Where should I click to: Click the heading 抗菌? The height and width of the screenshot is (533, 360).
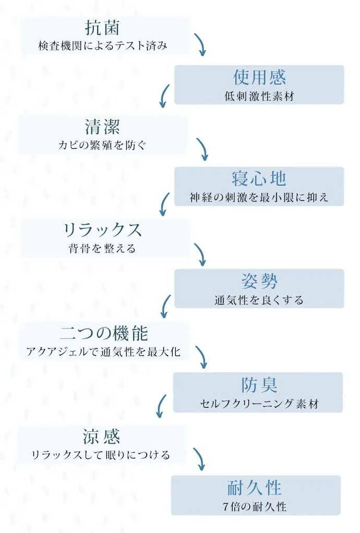102,28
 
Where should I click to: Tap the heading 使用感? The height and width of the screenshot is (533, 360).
259,77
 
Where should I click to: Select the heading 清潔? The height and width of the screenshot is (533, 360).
102,127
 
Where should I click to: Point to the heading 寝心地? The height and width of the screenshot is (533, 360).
259,178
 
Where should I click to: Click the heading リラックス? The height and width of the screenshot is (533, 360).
102,230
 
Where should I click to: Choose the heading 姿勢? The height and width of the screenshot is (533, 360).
259,281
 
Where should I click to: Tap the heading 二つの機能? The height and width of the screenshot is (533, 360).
104,333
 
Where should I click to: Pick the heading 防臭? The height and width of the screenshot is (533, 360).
259,385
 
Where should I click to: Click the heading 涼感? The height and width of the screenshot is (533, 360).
102,437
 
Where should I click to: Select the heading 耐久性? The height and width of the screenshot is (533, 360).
255,488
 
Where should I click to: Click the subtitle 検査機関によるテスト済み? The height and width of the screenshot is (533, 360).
103,45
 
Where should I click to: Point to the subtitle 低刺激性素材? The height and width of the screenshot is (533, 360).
259,96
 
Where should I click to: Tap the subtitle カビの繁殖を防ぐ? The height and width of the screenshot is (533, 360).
102,145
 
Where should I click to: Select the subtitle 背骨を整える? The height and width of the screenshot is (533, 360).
102,248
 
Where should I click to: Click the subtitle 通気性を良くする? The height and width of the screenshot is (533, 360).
259,300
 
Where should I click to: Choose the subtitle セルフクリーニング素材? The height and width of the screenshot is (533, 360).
259,404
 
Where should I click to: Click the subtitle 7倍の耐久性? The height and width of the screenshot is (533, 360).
255,507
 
